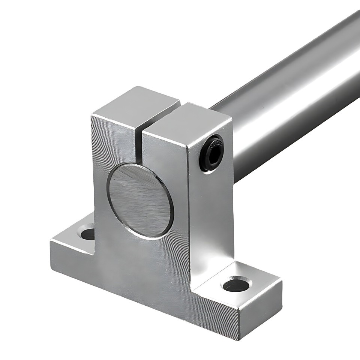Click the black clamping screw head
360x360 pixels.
pyautogui.click(x=212, y=153)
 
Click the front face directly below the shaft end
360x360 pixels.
pyautogui.click(x=150, y=262)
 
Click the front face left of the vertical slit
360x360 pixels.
pyautogui.click(x=112, y=150)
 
